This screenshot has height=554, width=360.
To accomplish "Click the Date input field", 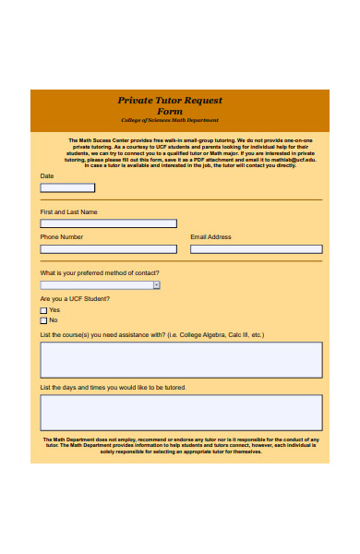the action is coord(67,187).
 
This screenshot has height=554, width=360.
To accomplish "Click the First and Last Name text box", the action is coord(108,223).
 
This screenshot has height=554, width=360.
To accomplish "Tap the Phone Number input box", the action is coord(108,249).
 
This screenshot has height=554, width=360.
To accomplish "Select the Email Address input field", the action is coord(256,249).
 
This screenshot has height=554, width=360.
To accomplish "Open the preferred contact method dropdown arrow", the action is coord(156,285).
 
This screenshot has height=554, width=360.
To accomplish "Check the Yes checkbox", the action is coord(43,311).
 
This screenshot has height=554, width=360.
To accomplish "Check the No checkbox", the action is coord(43,320).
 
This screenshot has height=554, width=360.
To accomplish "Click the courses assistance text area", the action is coord(181,359).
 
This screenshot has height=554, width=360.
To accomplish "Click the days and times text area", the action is coord(181,413).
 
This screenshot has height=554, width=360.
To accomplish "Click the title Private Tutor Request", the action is coord(170,101).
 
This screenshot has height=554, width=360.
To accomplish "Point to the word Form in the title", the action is coord(170,111).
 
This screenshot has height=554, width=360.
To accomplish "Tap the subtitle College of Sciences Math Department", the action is coord(170,121).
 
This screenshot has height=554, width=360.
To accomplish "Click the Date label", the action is coord(47,175).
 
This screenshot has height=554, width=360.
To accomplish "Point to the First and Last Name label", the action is coord(68,211).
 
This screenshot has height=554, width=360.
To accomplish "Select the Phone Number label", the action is coord(62,237).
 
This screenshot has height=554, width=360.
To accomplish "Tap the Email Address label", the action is coord(210,237).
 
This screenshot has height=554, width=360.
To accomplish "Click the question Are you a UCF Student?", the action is coord(75,299).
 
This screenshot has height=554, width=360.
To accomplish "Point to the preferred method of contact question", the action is coord(100,273).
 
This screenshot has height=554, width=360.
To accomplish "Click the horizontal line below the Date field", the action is coord(181,199).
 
